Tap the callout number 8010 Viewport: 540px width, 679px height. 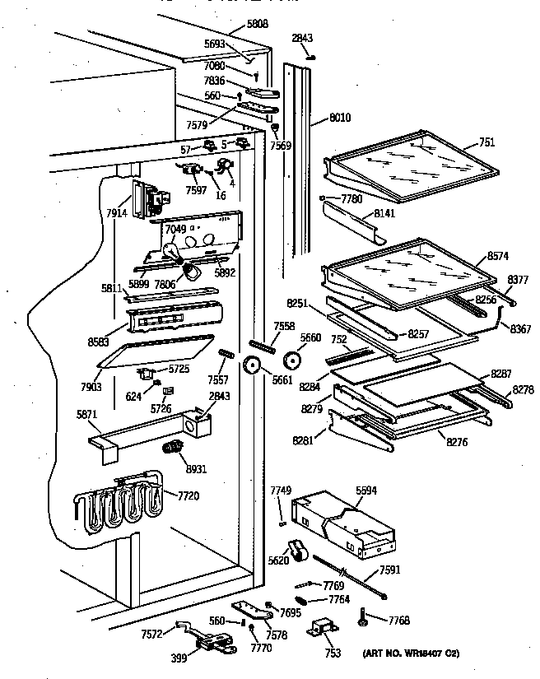click(x=338, y=119)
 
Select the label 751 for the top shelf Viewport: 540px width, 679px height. click(x=487, y=142)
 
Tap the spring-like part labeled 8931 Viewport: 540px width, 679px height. click(x=171, y=449)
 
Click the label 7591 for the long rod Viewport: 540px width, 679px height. click(x=389, y=570)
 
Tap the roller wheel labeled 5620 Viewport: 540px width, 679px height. click(x=296, y=554)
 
